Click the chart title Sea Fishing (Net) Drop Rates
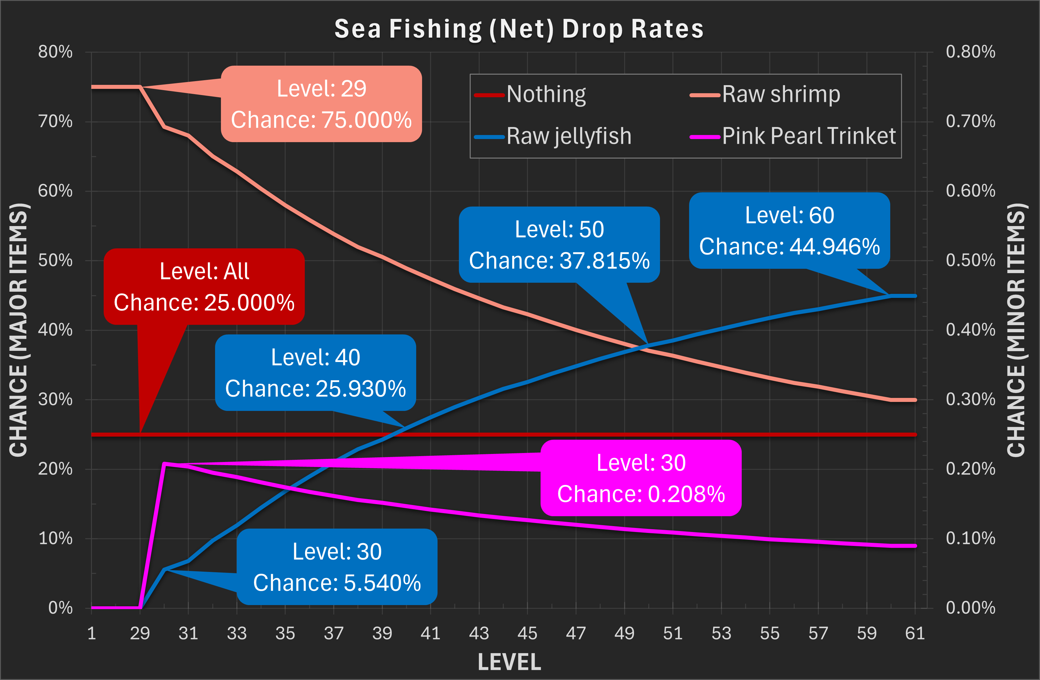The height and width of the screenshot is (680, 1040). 519,29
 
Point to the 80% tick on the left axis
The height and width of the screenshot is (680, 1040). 55,52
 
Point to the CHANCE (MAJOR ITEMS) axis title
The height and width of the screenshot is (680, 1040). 19,330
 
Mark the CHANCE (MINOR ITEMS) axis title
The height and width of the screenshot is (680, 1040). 1016,330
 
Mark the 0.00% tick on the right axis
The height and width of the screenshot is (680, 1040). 970,608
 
